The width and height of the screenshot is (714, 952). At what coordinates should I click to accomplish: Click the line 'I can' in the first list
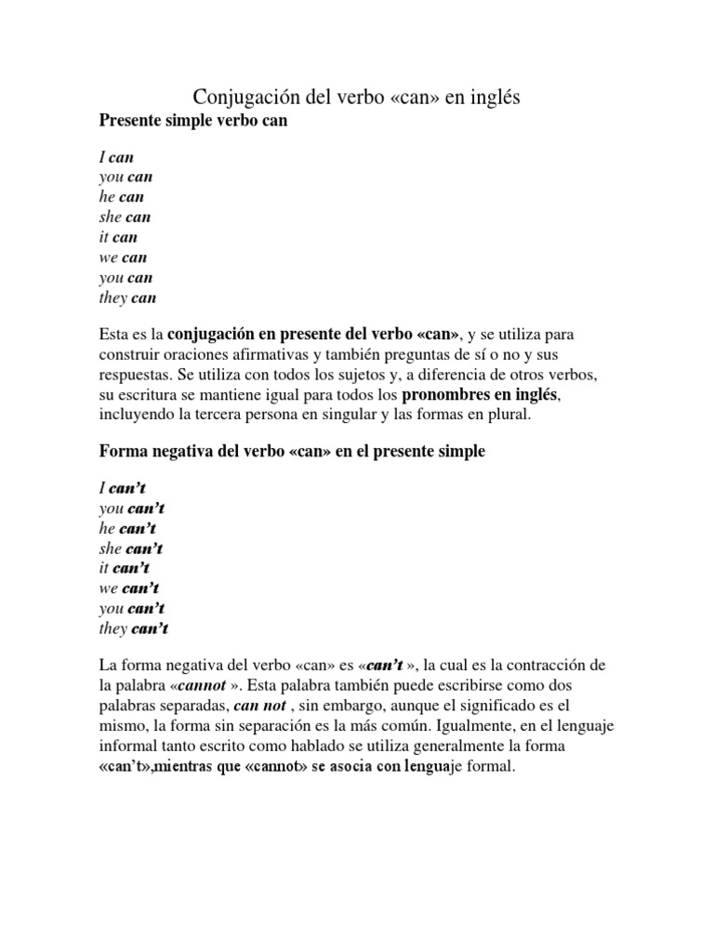[116, 156]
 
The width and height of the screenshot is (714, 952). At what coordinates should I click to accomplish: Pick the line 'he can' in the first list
[121, 197]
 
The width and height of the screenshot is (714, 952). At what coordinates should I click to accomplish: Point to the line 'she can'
[125, 218]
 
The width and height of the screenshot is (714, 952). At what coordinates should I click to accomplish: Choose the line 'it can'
[118, 237]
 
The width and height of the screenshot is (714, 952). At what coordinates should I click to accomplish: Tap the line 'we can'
[123, 258]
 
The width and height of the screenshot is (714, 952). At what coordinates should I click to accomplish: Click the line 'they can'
[127, 298]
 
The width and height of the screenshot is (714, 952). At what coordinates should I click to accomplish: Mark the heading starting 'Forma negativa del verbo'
[292, 452]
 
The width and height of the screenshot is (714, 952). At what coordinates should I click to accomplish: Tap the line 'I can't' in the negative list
[124, 487]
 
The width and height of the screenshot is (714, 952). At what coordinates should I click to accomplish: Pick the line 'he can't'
[128, 528]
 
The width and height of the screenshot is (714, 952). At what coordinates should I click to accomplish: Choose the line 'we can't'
[129, 588]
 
